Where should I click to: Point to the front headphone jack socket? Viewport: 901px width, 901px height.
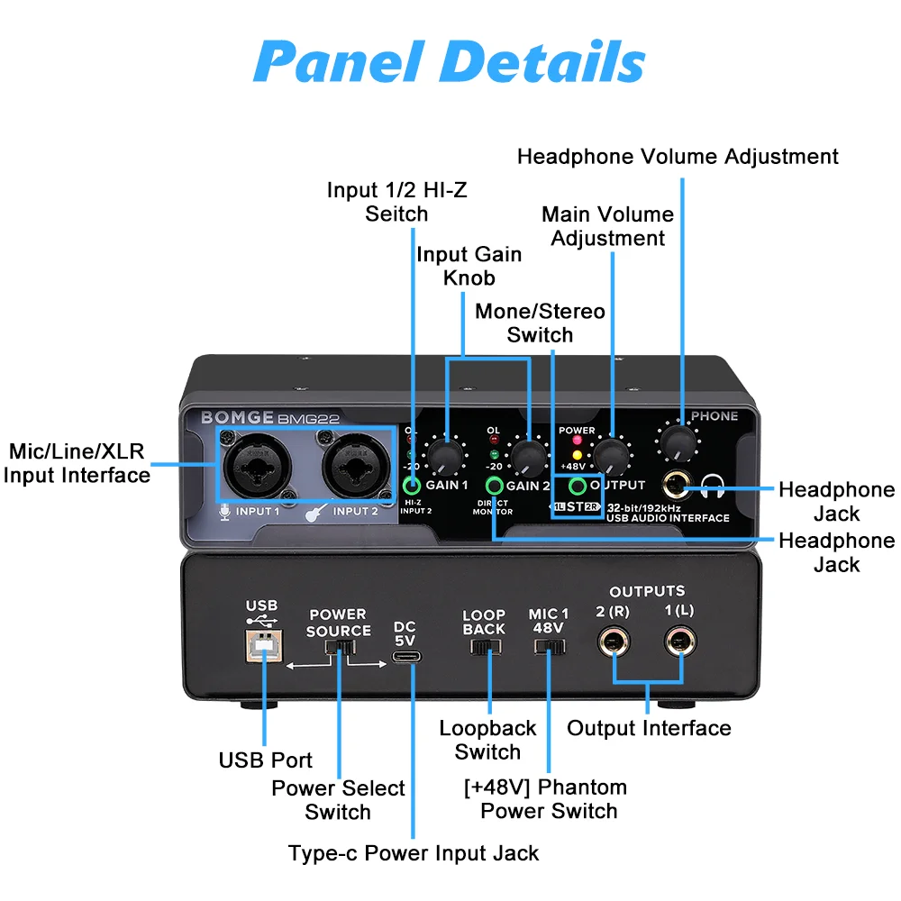click(675, 487)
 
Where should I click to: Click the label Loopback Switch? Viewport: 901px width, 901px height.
click(487, 740)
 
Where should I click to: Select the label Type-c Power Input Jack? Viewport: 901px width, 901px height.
click(414, 852)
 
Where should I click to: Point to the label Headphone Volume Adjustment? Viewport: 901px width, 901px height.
click(678, 157)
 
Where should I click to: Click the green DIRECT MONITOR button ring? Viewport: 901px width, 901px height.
click(493, 487)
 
